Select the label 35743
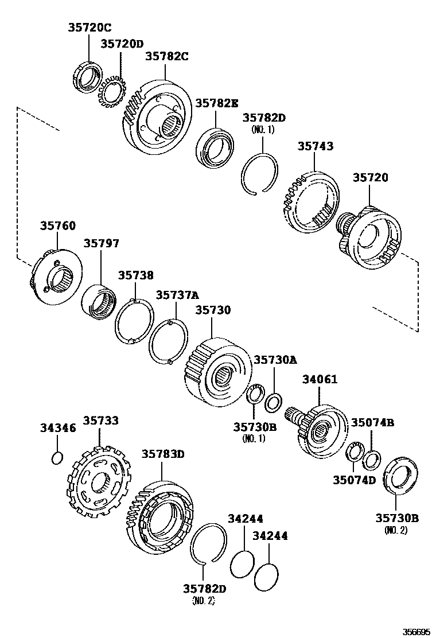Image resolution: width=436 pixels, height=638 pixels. click(x=315, y=147)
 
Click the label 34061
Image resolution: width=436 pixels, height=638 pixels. click(x=320, y=379)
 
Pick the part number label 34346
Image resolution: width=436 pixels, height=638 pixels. click(x=57, y=428)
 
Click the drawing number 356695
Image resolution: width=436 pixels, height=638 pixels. click(x=415, y=631)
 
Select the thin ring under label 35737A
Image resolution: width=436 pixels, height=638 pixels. click(x=168, y=343)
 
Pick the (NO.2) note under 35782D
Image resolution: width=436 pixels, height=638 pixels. click(x=204, y=601)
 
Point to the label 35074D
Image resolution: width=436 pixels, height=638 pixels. click(x=354, y=480)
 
